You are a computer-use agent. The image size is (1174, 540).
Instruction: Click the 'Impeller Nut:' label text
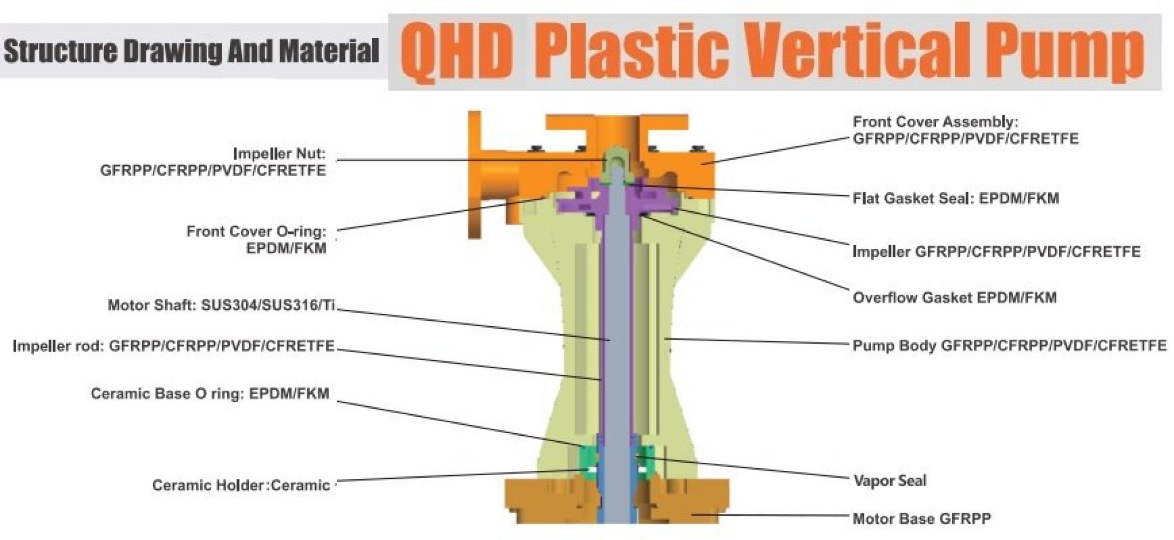point(279,154)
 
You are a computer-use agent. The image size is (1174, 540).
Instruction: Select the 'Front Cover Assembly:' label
point(935,122)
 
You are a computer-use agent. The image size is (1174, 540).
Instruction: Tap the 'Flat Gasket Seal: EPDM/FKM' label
point(955,199)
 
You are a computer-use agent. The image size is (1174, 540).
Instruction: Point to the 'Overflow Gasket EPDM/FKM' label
point(954,298)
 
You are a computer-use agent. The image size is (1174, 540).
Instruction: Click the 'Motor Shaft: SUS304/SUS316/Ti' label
point(221,306)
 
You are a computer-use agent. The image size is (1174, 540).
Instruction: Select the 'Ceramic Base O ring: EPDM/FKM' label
point(209,394)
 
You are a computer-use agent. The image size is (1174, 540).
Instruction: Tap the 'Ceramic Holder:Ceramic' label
point(241,485)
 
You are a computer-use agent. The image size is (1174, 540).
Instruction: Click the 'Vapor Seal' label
point(890,481)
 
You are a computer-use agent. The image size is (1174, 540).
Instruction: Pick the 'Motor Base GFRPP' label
point(921,519)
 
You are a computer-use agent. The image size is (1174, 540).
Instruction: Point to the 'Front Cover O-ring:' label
point(256,232)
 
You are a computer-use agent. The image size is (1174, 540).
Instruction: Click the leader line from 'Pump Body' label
point(756,341)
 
